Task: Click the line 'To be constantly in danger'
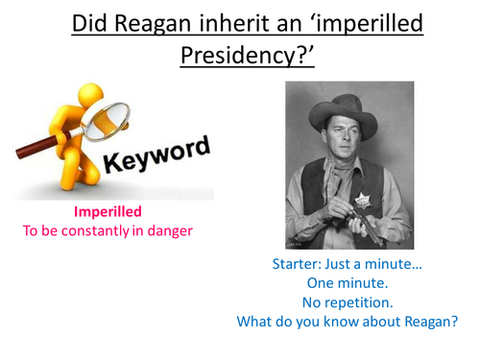[x=108, y=231]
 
